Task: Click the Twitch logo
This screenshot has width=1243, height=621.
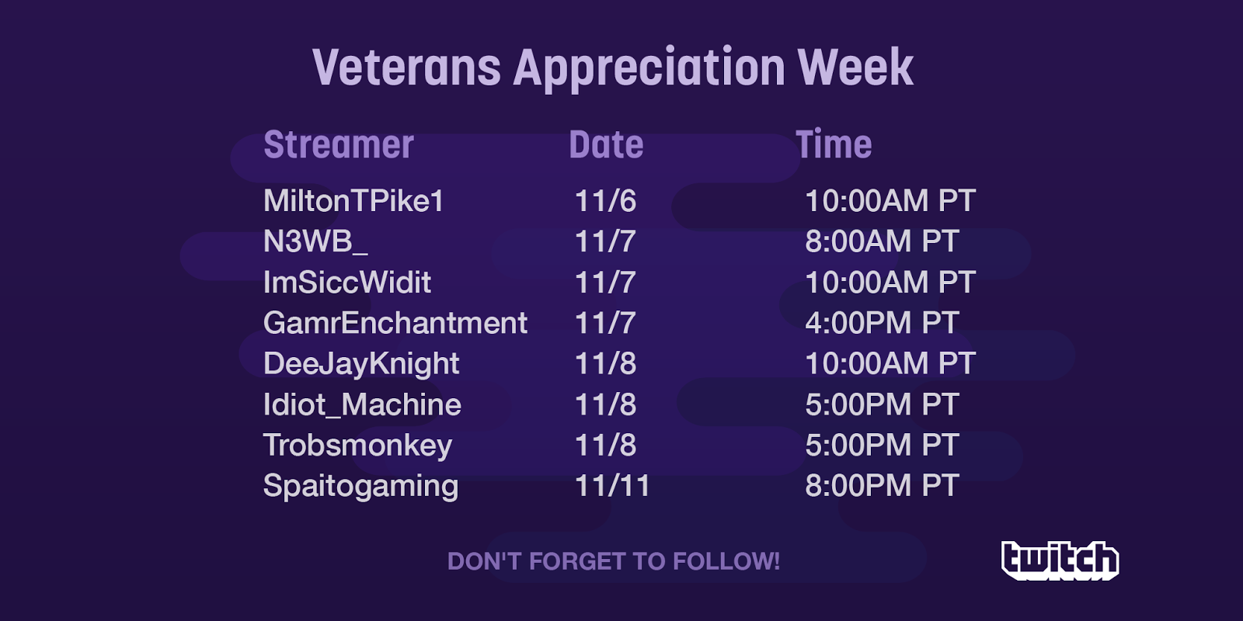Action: point(1060,560)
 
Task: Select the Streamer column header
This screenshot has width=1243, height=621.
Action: point(339,144)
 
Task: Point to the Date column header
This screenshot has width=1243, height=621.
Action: point(606,144)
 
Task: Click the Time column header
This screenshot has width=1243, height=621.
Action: point(834,144)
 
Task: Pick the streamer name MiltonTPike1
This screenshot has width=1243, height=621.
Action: point(353,201)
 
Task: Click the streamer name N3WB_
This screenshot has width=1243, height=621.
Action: point(315,241)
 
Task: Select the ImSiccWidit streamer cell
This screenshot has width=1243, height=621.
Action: point(347,283)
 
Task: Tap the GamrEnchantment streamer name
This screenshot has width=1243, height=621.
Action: point(395,323)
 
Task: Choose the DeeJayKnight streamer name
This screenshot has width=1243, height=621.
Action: point(361,364)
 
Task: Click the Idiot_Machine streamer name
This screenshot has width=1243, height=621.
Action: point(362,404)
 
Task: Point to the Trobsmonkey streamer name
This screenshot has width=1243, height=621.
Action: point(358,446)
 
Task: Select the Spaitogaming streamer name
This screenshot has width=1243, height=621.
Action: point(360,486)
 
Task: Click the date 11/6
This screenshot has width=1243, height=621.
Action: point(605,201)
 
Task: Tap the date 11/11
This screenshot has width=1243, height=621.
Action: point(612,486)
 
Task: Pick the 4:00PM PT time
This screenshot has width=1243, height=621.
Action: point(882,323)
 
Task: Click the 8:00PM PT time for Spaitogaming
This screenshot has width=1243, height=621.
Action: point(882,486)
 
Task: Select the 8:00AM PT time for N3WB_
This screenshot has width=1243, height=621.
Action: point(882,241)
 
